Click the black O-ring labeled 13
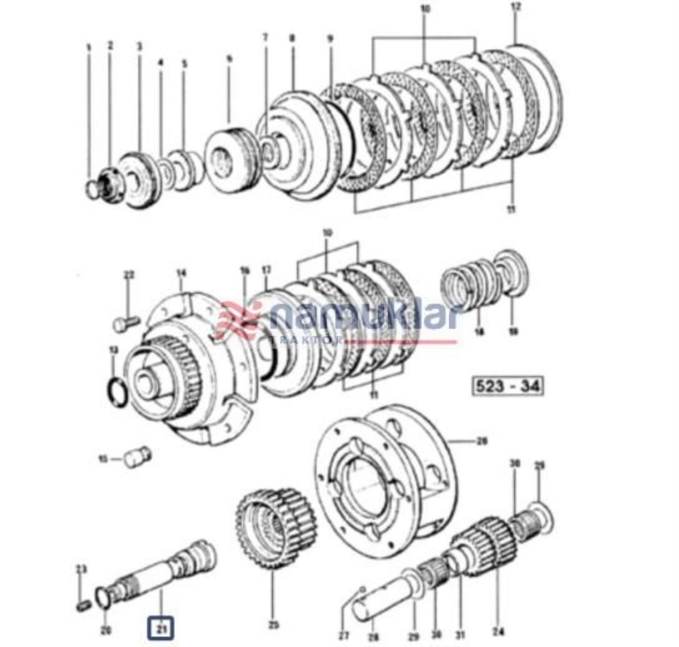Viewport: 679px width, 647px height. tap(117, 390)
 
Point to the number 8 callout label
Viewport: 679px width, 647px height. tap(292, 38)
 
